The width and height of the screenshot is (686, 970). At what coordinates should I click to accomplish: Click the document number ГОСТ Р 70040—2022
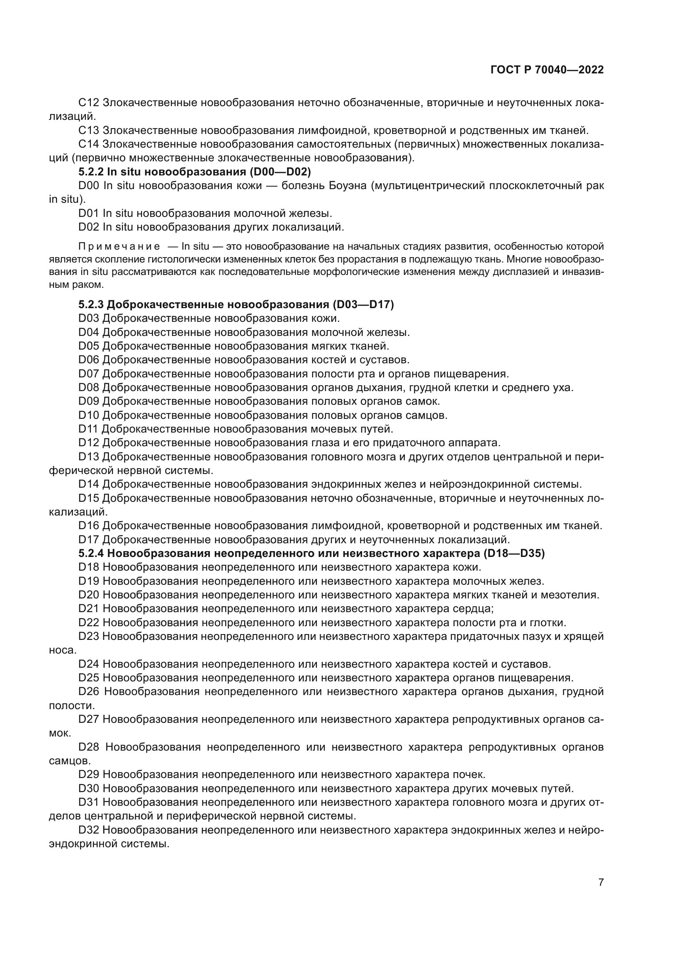click(547, 70)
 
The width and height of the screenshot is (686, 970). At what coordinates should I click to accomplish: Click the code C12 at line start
click(88, 103)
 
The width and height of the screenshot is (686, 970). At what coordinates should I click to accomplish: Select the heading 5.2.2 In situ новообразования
click(194, 172)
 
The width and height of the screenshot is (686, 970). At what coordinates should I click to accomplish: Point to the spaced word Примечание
click(119, 247)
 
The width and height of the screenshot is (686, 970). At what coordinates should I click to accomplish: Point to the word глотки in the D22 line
click(550, 623)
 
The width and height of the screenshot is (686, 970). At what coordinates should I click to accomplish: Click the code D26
click(89, 692)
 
